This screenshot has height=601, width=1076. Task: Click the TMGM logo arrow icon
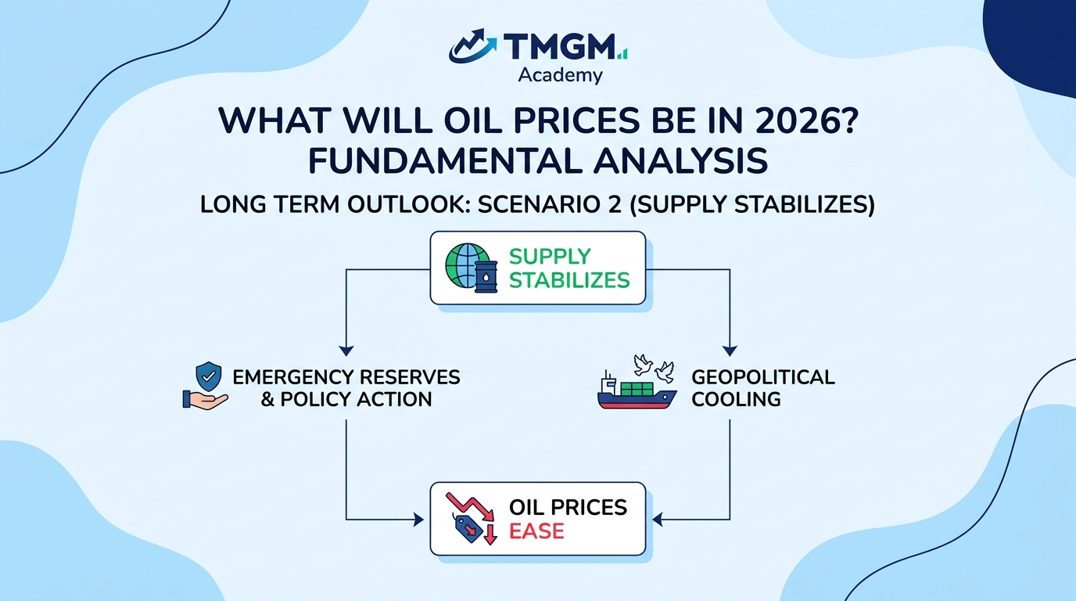pos(472,45)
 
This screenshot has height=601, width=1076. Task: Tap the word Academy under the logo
pos(560,75)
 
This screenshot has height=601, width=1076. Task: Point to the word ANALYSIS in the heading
pos(680,160)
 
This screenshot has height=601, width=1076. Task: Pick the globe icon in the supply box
pos(466,266)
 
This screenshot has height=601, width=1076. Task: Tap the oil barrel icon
pos(486,277)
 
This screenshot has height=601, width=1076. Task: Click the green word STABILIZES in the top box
pos(569,280)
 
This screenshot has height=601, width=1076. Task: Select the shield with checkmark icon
pos(209,376)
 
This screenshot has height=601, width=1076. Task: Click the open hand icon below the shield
pos(205,400)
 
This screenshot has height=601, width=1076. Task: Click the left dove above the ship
pos(643,365)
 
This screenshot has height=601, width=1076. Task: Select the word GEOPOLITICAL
pos(762,377)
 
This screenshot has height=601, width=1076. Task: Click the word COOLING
pos(736,399)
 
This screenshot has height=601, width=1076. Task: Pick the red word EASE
pos(536,531)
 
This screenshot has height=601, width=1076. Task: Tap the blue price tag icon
pos(468,528)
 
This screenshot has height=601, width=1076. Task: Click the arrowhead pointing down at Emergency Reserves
pos(346,351)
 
